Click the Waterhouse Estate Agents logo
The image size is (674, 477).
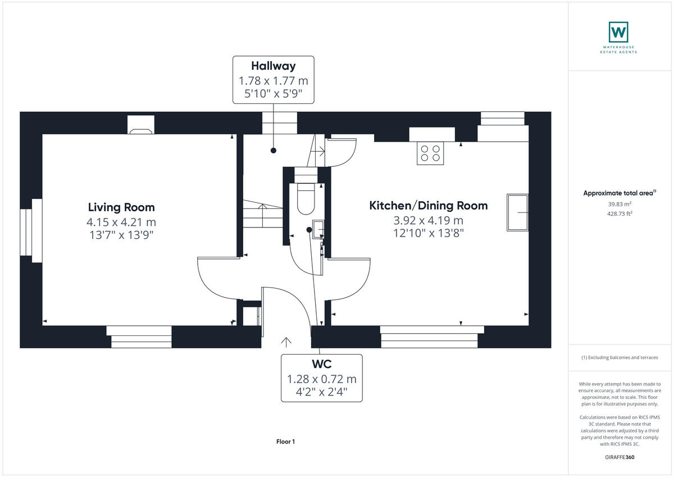619,33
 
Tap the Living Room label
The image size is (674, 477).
121,207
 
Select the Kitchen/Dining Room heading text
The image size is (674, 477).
428,206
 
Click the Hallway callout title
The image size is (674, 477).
274,66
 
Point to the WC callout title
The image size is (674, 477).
321,365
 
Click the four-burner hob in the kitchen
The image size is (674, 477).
430,153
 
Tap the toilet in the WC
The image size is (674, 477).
306,200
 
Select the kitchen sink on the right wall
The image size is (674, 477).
517,212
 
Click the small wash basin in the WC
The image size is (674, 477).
317,229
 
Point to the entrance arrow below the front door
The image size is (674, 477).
286,341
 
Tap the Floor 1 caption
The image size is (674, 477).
285,442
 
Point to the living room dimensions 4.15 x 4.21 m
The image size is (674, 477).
121,222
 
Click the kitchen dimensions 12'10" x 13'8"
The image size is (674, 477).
428,233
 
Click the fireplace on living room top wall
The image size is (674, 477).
140,125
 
